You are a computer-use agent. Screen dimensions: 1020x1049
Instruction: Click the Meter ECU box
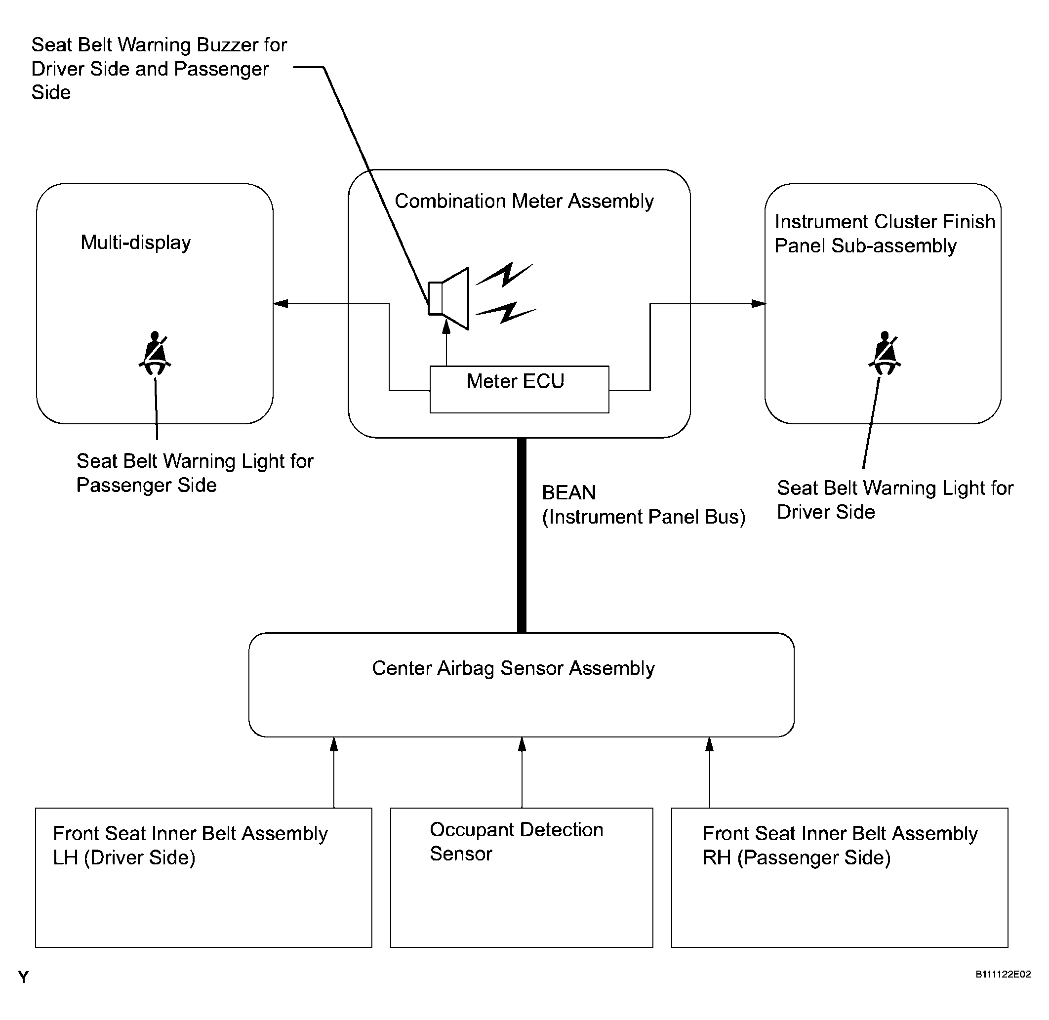pos(519,389)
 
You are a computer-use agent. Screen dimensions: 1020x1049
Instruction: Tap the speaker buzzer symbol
pos(449,298)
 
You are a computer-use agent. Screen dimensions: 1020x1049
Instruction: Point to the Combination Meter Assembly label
pos(524,202)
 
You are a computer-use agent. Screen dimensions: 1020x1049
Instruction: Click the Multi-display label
pos(135,243)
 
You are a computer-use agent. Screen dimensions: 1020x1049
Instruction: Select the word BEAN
pos(568,493)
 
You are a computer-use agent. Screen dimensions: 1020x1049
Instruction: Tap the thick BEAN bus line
pos(521,536)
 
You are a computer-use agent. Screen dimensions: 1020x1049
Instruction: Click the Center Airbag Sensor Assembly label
pos(513,669)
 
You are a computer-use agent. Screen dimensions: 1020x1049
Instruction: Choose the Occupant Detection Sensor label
pos(516,842)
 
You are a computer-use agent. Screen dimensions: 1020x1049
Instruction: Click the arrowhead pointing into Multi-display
pos(280,304)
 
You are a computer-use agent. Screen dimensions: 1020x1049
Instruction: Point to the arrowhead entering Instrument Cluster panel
pos(759,304)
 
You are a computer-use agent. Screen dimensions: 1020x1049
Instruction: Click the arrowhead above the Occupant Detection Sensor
pos(522,745)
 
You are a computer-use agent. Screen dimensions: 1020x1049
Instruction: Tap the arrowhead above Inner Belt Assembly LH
pos(334,745)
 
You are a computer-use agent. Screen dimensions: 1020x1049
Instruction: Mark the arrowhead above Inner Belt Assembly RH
pos(709,745)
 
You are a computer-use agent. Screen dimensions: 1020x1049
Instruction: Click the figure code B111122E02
pos(1003,975)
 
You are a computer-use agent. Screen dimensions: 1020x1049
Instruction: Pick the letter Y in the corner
pos(23,978)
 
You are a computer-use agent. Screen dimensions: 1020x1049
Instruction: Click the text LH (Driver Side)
pos(124,857)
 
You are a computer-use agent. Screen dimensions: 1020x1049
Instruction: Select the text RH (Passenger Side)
pos(796,857)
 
